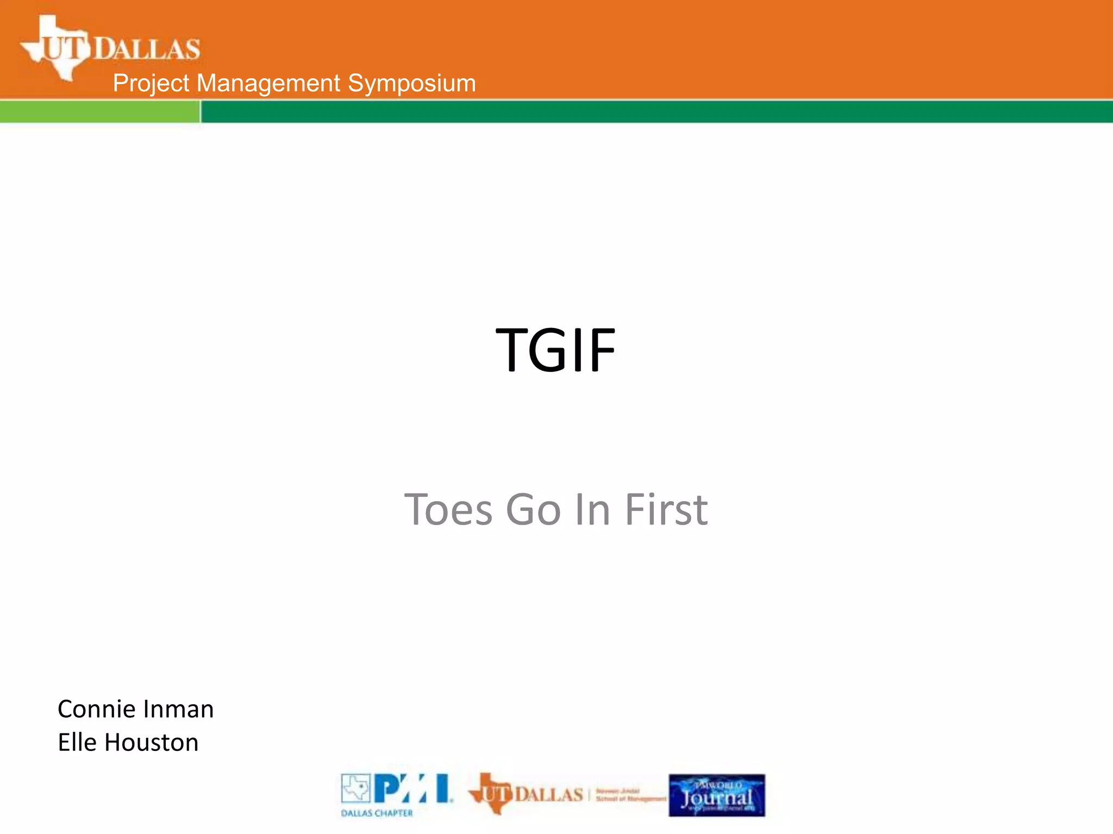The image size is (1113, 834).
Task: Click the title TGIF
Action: click(555, 350)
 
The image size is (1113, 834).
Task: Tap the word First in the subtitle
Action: click(666, 510)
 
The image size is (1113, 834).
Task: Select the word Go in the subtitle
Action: click(533, 510)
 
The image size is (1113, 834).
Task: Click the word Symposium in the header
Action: click(411, 84)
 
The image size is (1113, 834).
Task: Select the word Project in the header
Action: click(151, 84)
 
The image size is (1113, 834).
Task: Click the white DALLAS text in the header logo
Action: click(147, 49)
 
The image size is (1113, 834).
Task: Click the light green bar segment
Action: click(99, 112)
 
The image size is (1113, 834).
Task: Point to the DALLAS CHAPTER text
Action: click(377, 813)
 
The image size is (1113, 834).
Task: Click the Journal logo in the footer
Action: click(717, 795)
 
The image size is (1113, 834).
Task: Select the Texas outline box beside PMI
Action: click(355, 788)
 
